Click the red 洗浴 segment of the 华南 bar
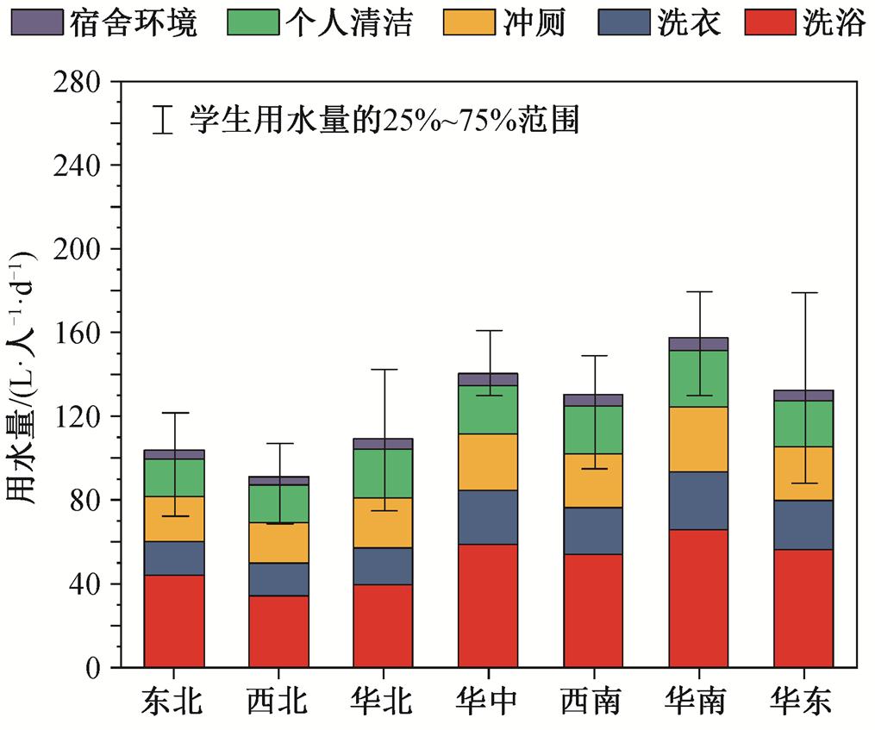click(x=698, y=598)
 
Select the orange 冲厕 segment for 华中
click(x=488, y=462)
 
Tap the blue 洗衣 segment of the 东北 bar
click(x=174, y=558)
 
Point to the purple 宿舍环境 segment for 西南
click(x=593, y=400)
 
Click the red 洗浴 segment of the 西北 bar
click(x=278, y=631)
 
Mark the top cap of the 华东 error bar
click(x=803, y=293)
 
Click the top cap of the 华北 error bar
click(x=383, y=369)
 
